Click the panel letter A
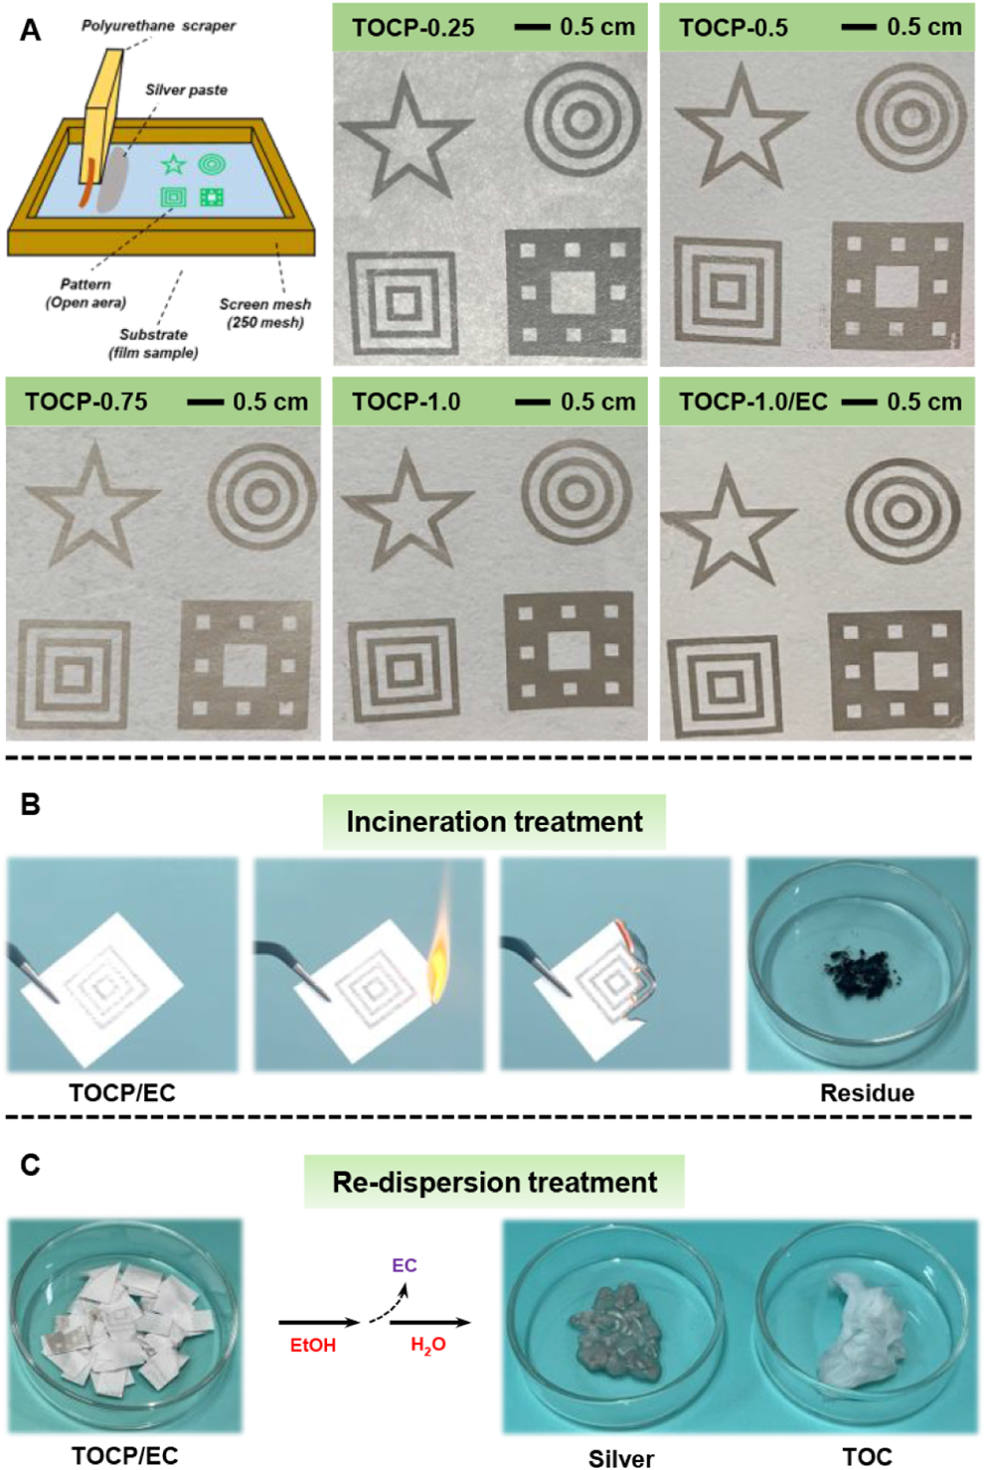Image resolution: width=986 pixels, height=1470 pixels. pyautogui.click(x=31, y=31)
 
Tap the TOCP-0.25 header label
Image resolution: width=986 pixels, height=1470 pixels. pyautogui.click(x=412, y=28)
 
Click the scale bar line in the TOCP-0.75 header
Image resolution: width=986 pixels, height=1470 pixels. pyautogui.click(x=205, y=403)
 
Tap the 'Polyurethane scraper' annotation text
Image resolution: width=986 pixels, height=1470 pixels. pyautogui.click(x=158, y=26)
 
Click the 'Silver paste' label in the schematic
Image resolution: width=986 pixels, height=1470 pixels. pyautogui.click(x=186, y=89)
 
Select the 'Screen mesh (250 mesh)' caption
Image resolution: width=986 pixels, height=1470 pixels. pyautogui.click(x=264, y=313)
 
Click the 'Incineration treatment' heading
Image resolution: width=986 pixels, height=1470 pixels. pyautogui.click(x=494, y=822)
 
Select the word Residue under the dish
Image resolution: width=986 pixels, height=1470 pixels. pyautogui.click(x=867, y=1093)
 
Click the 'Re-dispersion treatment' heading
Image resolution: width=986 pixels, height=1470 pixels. pyautogui.click(x=494, y=1182)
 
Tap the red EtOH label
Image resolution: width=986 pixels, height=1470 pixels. pyautogui.click(x=313, y=1345)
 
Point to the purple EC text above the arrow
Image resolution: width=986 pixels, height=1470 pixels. pyautogui.click(x=404, y=1265)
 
